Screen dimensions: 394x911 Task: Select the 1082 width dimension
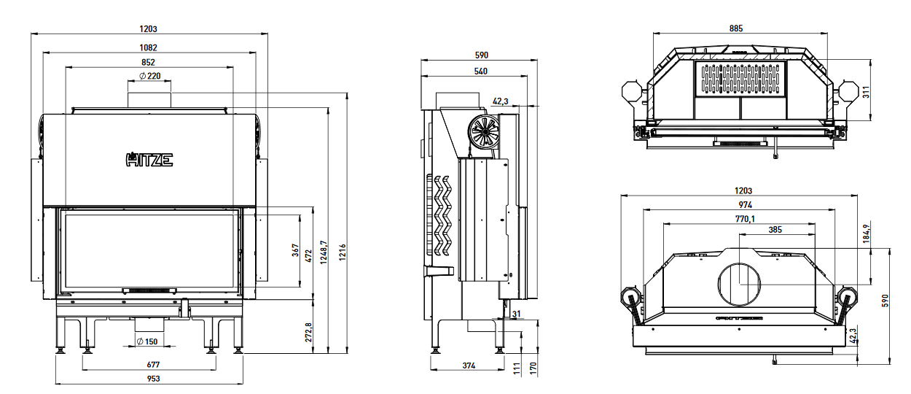149,47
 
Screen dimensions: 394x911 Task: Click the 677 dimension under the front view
153,364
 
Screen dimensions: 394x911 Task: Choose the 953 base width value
153,379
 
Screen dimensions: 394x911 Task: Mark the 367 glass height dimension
296,250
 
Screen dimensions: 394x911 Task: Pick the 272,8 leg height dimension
308,332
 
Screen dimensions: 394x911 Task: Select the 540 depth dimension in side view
480,72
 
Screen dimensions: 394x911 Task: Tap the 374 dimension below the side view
469,364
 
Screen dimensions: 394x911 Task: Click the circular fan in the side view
482,132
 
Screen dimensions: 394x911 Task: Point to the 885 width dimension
735,28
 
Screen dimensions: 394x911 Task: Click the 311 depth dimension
867,91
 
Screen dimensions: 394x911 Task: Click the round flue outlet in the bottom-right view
739,283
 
